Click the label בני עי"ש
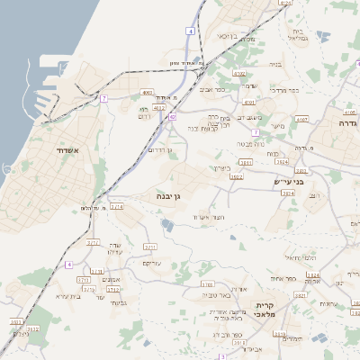(288, 182)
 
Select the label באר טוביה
(218, 294)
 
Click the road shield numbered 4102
(238, 74)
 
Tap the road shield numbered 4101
(285, 3)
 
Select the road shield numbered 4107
(301, 118)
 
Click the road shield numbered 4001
(147, 92)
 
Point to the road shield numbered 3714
(118, 207)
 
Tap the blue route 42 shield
(172, 117)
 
